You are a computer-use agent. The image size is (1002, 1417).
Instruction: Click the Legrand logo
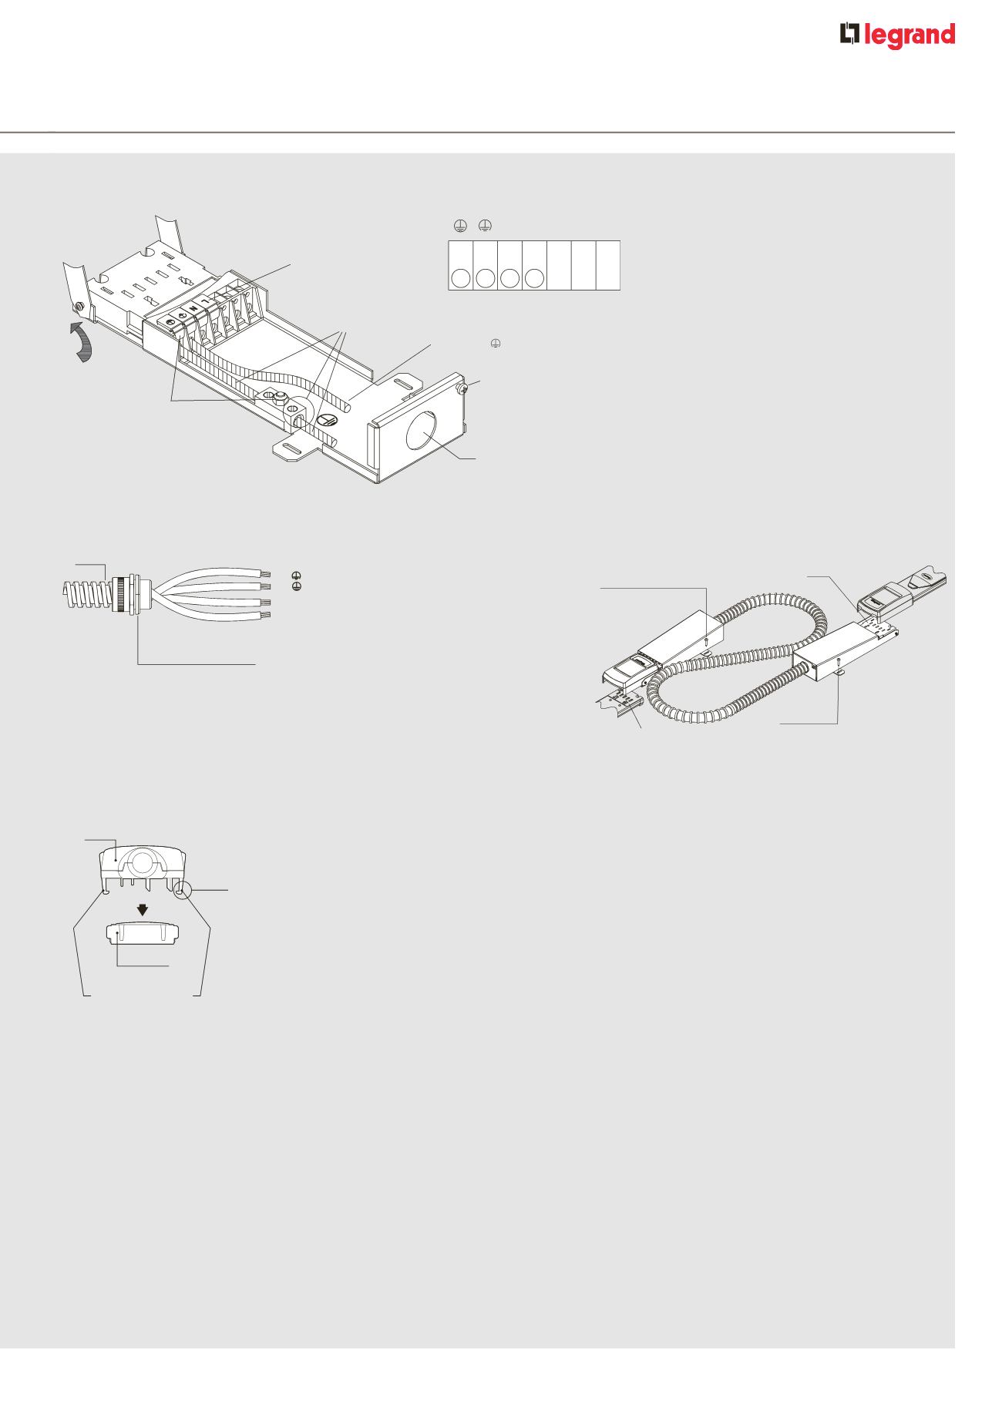[897, 36]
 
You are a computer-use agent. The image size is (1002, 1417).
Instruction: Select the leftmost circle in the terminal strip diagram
[461, 277]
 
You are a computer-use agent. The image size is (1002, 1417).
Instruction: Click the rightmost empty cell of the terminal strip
[608, 265]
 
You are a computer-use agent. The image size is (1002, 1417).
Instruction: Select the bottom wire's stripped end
[267, 615]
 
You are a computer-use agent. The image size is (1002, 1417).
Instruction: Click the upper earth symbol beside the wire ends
[296, 576]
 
